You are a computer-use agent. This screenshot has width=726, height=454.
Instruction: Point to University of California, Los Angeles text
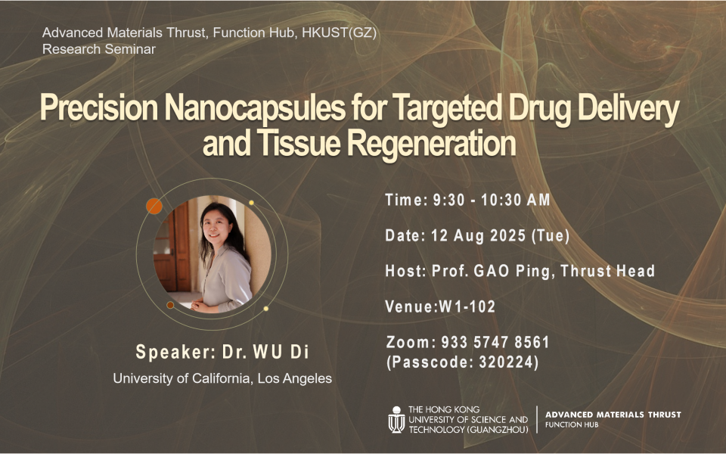pyautogui.click(x=222, y=378)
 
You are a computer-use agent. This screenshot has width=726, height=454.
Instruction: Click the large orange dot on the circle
pyautogui.click(x=154, y=206)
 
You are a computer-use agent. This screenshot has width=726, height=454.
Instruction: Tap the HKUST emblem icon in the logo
pyautogui.click(x=396, y=420)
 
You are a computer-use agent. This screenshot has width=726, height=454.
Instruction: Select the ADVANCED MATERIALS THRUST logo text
pyautogui.click(x=613, y=415)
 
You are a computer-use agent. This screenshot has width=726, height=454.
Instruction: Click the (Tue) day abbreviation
pyautogui.click(x=550, y=235)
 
